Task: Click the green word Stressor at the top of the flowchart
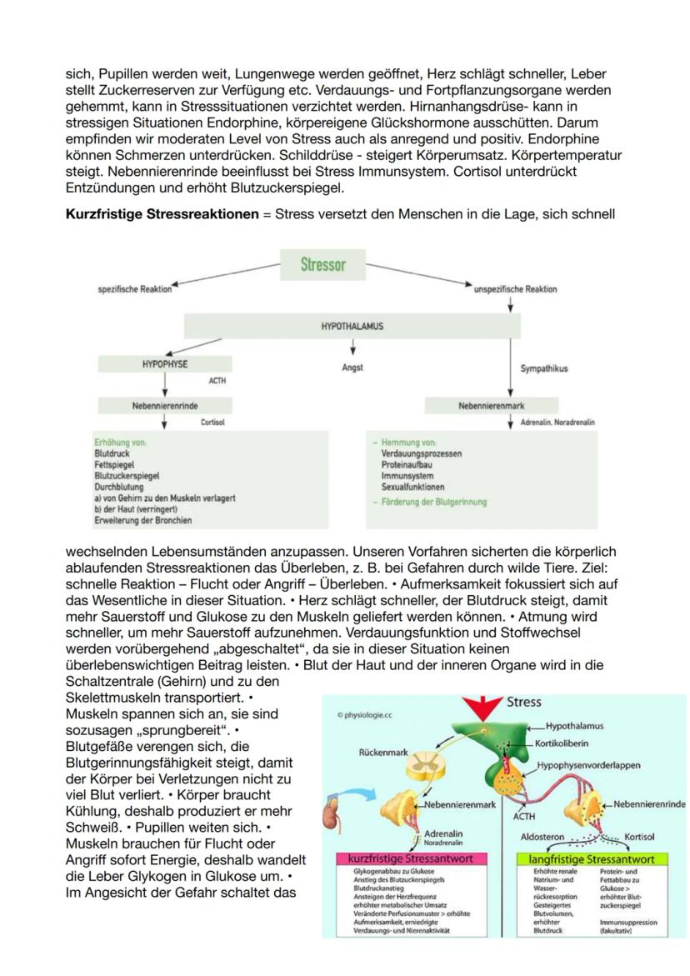tap(322, 265)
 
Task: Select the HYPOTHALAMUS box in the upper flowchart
tap(352, 326)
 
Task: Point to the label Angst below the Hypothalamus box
tap(352, 367)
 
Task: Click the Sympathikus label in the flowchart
tap(543, 368)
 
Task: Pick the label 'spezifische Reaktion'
tap(134, 289)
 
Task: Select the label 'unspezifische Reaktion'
tap(515, 289)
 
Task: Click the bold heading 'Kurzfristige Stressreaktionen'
tap(162, 214)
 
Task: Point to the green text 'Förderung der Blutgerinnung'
tap(433, 502)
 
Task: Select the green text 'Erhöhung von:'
tap(122, 442)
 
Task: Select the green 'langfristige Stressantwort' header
tap(597, 858)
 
